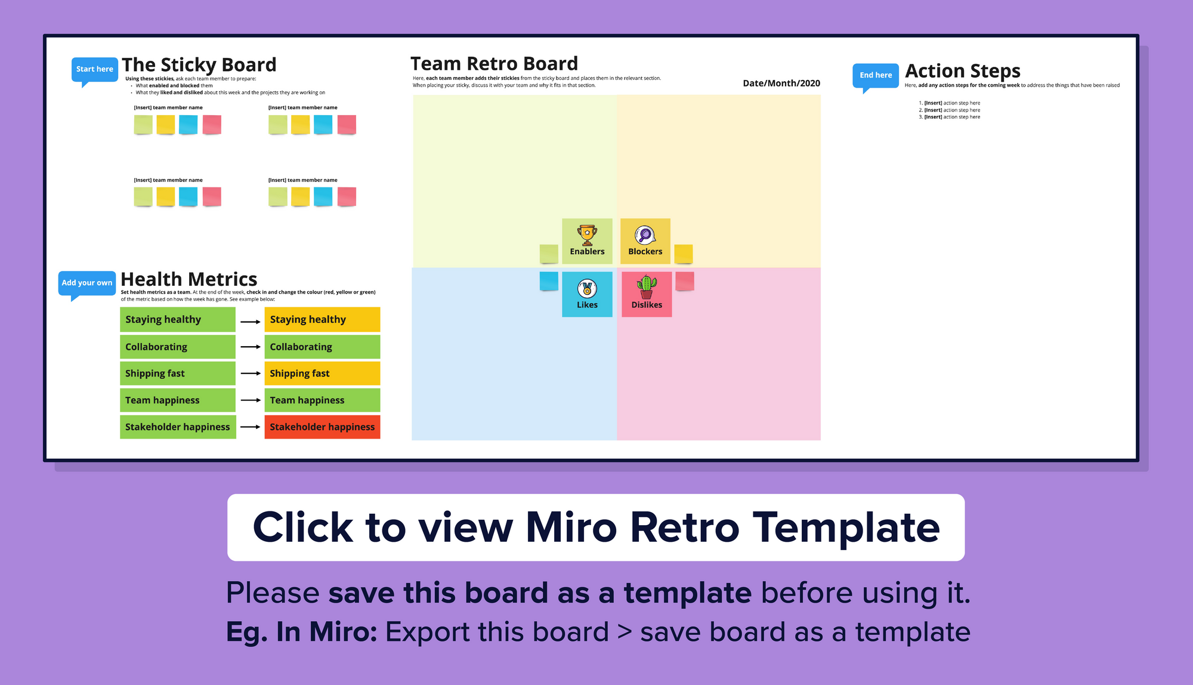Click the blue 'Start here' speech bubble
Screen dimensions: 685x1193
click(94, 69)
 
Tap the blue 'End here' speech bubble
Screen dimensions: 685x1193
click(875, 75)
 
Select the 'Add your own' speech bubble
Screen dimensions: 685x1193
click(87, 283)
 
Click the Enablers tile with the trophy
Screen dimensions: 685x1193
click(587, 241)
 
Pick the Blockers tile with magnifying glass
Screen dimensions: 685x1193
click(645, 241)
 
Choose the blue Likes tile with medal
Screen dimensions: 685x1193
click(587, 294)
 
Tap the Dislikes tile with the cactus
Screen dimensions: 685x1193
click(647, 294)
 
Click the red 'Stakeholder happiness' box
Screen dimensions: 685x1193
click(322, 427)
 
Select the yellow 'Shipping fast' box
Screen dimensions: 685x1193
click(322, 374)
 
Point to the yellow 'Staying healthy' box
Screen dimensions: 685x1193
click(322, 320)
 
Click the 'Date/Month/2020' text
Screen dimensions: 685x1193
click(781, 84)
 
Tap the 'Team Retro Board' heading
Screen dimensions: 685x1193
click(494, 64)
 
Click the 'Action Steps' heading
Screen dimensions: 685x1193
click(962, 71)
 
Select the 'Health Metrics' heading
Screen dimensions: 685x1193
click(188, 279)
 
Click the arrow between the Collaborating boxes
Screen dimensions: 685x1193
click(251, 347)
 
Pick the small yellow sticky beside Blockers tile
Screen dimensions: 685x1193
click(684, 254)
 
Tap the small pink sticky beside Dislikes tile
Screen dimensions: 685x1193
click(684, 281)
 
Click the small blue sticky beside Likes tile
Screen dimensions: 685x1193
click(549, 281)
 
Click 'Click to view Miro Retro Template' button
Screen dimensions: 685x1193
click(596, 527)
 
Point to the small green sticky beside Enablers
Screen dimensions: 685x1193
click(549, 254)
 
